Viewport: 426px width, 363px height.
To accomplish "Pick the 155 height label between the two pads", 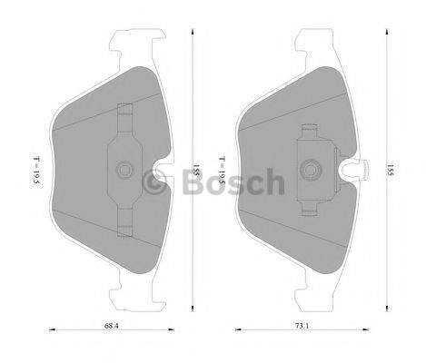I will pos(195,171).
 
